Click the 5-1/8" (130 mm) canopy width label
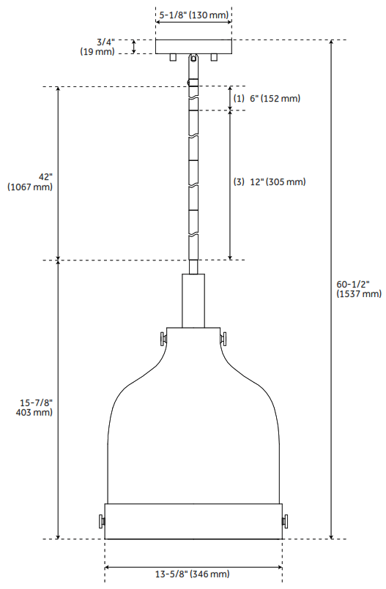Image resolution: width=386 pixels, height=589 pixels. [x=194, y=14]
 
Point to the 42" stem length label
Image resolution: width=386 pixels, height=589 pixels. [x=47, y=177]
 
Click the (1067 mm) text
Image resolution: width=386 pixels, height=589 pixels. [x=30, y=187]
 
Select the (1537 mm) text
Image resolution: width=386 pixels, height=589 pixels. [x=358, y=293]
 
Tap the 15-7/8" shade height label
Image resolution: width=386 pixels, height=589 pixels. [x=36, y=402]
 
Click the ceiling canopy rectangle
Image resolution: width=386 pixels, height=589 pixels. [x=194, y=46]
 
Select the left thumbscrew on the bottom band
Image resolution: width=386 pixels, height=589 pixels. [x=100, y=521]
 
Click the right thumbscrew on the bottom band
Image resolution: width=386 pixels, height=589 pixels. [x=286, y=521]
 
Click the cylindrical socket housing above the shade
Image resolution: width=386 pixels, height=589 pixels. [x=193, y=300]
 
